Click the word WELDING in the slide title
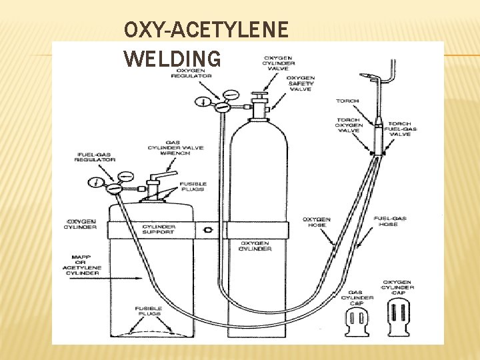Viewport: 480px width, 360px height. coord(172,59)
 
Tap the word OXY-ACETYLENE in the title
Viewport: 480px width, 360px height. coord(206,30)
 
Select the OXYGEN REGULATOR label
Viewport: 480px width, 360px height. coord(193,73)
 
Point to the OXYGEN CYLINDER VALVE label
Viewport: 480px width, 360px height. coord(279,63)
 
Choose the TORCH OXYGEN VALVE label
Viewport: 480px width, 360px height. coord(349,125)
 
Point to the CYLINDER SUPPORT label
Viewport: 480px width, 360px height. coord(159,229)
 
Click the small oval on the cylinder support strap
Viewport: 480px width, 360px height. coord(209,230)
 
